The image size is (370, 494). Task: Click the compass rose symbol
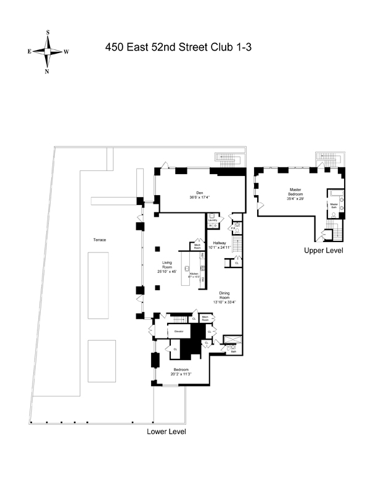click(x=47, y=51)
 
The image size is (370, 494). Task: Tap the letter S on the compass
click(x=47, y=33)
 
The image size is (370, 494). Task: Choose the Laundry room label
click(x=213, y=219)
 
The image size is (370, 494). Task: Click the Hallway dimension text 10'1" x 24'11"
click(x=220, y=248)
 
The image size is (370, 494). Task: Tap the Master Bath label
click(x=334, y=205)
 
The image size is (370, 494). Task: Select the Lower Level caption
click(x=166, y=432)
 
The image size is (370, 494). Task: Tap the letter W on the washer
click(x=210, y=225)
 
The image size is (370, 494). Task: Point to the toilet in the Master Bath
click(x=334, y=214)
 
